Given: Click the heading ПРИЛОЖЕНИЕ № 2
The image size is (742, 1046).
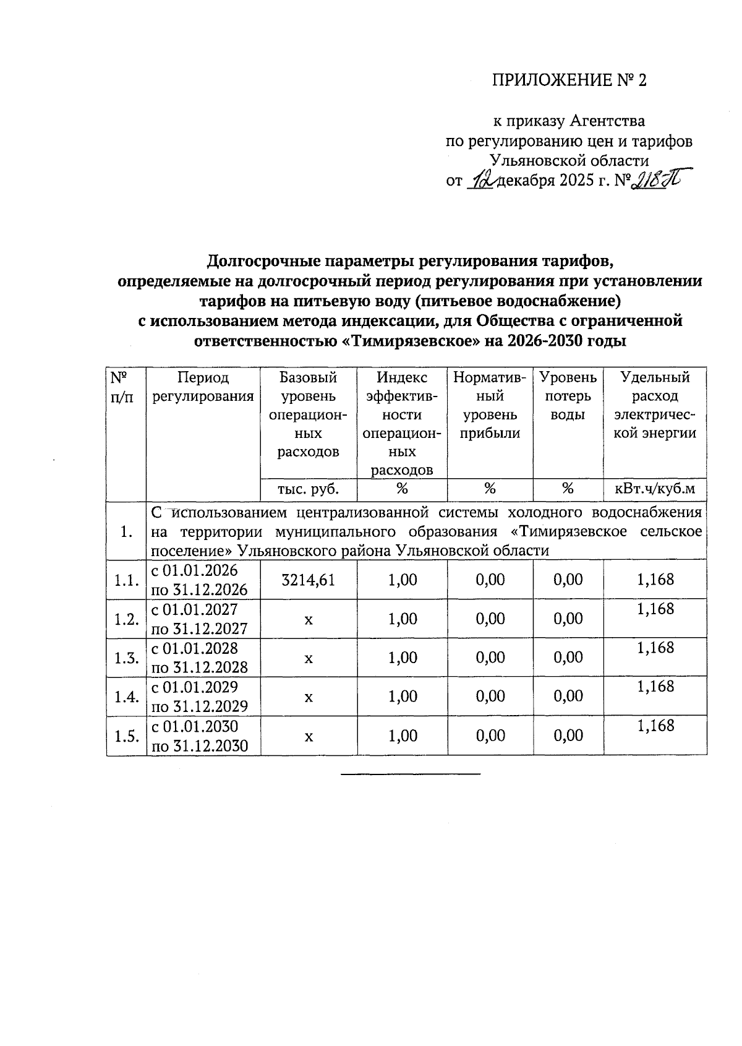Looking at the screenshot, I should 569,80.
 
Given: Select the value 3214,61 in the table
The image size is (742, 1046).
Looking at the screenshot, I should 308,580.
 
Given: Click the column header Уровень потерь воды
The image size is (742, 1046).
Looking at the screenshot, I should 568,396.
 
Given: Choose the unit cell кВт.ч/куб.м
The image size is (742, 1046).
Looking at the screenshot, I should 655,489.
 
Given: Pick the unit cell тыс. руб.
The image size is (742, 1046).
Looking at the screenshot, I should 308,489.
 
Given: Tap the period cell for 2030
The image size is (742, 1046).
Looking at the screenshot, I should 200,736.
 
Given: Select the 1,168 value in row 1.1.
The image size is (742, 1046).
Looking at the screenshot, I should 655,580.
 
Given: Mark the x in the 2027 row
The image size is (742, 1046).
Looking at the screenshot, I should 308,619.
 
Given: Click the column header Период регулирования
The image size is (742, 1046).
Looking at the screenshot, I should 203,387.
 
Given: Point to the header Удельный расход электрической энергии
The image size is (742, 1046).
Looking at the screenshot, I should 655,405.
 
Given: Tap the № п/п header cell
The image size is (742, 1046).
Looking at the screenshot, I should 121,387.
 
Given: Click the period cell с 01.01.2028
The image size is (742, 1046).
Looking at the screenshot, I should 200,658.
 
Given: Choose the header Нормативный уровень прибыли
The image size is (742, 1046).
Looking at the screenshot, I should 490,405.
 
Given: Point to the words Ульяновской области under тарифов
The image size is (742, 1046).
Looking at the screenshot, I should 569,161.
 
